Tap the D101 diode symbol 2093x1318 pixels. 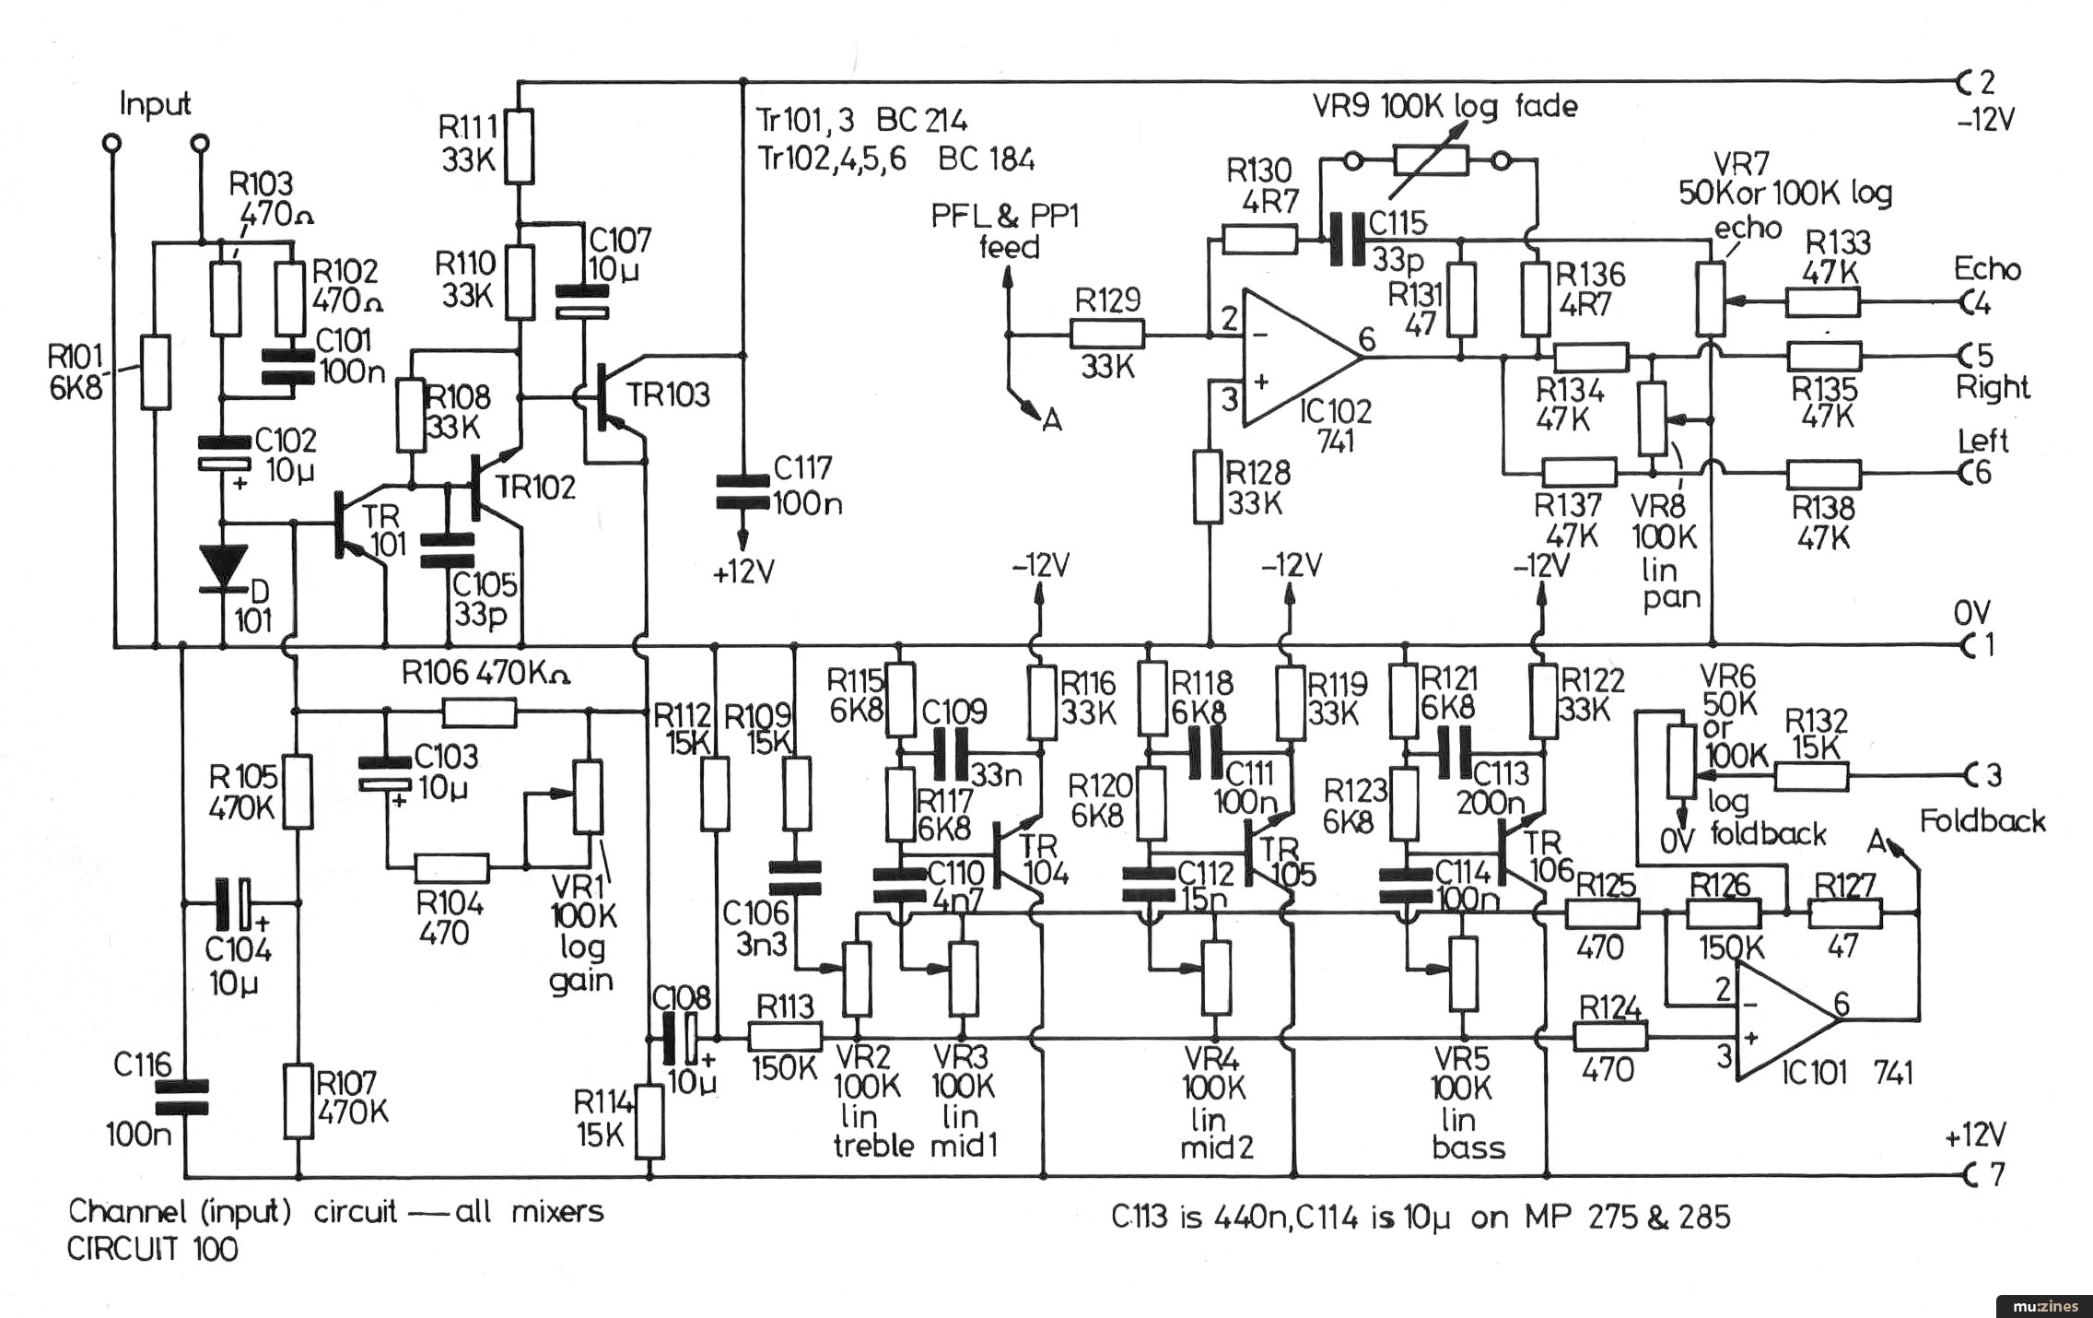[x=224, y=565]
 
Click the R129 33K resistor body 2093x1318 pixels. [x=1107, y=335]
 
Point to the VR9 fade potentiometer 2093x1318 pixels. [x=1429, y=161]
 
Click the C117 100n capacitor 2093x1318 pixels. [x=743, y=492]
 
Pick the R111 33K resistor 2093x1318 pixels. [x=520, y=147]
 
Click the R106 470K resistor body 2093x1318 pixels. [x=479, y=712]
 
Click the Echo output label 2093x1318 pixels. [x=1987, y=269]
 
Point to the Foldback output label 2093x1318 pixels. [x=1982, y=820]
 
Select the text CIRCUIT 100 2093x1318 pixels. [x=152, y=1250]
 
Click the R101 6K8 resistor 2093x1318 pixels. [x=156, y=372]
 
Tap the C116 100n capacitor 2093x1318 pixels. [x=181, y=1098]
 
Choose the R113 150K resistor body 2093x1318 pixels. [x=785, y=1038]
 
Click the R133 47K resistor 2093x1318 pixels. [x=1823, y=301]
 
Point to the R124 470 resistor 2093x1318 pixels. [x=1610, y=1038]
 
